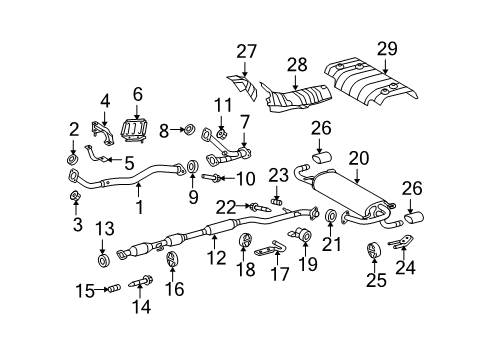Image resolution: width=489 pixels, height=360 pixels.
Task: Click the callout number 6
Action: tap(138, 95)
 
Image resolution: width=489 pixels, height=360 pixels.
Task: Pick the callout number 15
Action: tap(86, 290)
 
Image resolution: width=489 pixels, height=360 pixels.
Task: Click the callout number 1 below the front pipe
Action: tap(140, 207)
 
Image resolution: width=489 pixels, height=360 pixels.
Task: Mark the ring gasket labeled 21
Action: tap(330, 215)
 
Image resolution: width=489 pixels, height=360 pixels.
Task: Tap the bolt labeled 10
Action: tap(214, 179)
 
